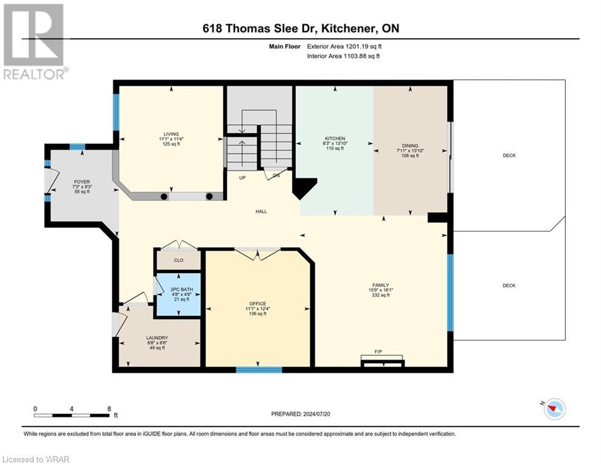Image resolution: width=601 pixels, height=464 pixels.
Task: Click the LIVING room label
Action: click(171, 134)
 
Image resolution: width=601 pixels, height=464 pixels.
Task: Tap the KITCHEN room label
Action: click(335, 138)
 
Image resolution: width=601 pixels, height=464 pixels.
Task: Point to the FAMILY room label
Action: click(380, 285)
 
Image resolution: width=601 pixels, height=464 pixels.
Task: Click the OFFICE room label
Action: click(257, 303)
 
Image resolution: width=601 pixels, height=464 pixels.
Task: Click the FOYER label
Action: click(82, 181)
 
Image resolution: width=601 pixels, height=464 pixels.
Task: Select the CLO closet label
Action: click(178, 260)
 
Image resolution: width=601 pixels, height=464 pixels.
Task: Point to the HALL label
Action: click(261, 211)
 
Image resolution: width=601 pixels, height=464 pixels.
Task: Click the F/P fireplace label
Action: click(378, 351)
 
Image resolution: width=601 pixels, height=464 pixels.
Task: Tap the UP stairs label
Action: click(242, 178)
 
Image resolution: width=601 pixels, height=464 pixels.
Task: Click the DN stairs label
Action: click(277, 176)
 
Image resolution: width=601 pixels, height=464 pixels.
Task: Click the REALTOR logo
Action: click(35, 42)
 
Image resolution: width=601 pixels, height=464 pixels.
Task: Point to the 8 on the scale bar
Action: click(109, 408)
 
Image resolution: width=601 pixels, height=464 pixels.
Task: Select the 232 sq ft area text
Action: click(380, 296)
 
